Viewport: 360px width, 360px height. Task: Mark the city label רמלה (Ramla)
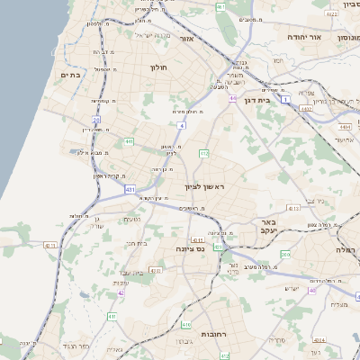346,248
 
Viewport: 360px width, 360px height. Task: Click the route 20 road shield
96,119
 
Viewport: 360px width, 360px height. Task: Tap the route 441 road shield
129,141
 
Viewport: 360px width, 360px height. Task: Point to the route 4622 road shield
332,14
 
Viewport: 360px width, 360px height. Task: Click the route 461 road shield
220,7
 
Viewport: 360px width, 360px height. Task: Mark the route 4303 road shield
155,270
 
